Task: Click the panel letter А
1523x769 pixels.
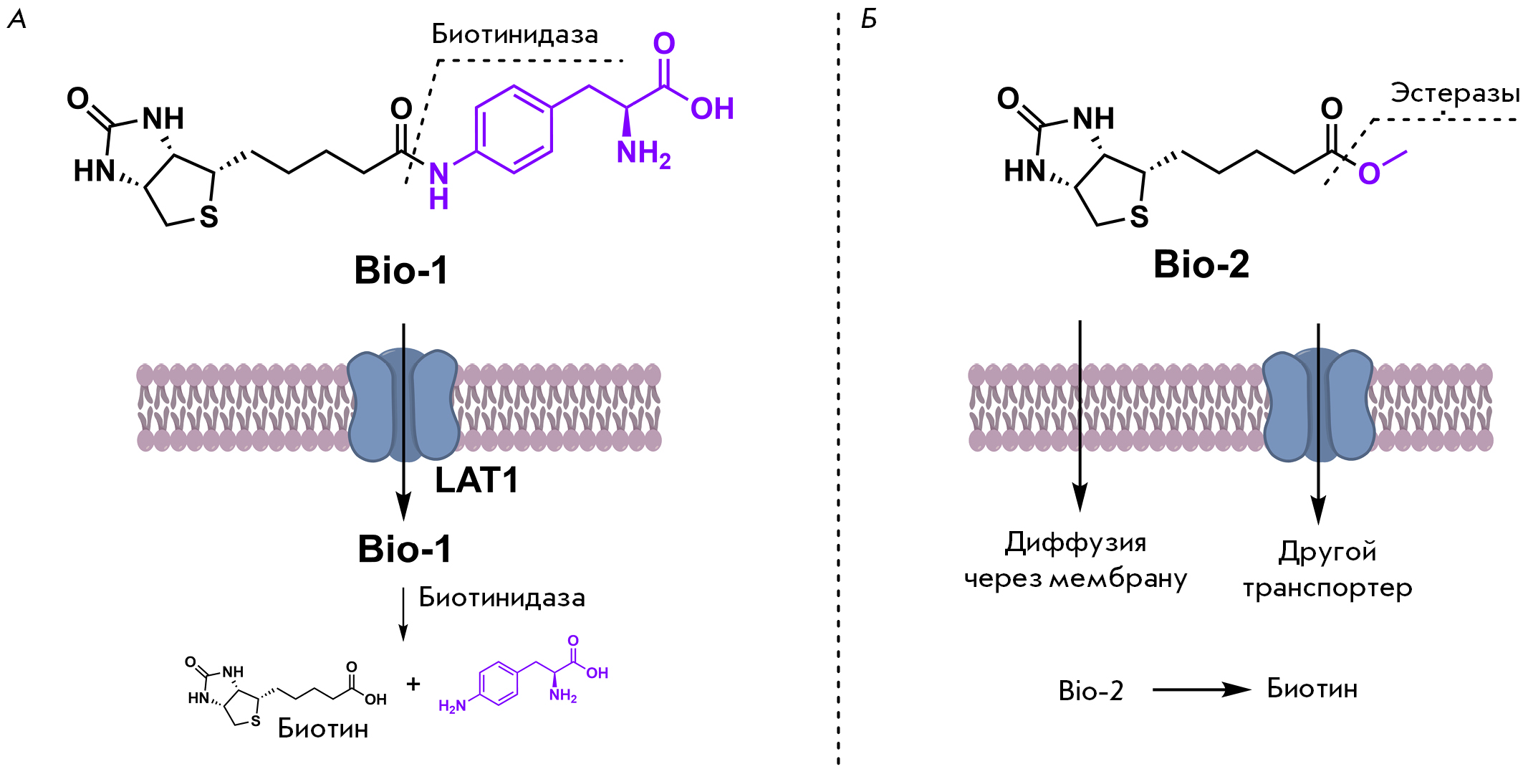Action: pyautogui.click(x=16, y=19)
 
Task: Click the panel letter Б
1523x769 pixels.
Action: pyautogui.click(x=869, y=19)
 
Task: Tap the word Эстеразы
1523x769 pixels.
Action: pyautogui.click(x=1454, y=93)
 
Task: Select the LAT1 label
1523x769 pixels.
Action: pyautogui.click(x=476, y=480)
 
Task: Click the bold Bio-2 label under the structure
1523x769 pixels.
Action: pyautogui.click(x=1201, y=264)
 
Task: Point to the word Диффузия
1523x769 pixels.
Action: pyautogui.click(x=1075, y=543)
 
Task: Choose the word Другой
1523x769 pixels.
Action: pyautogui.click(x=1327, y=552)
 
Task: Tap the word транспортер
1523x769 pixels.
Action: pyautogui.click(x=1327, y=588)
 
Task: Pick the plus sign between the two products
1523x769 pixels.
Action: pyautogui.click(x=413, y=684)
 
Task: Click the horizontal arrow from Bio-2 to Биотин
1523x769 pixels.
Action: pyautogui.click(x=1201, y=689)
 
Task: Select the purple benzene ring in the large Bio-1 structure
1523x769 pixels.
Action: pyautogui.click(x=514, y=130)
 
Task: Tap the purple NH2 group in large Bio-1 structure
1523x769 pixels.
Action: pyautogui.click(x=643, y=153)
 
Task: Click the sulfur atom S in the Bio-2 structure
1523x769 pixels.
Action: pyautogui.click(x=1139, y=216)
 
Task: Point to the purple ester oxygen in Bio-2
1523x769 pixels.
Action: pyautogui.click(x=1368, y=173)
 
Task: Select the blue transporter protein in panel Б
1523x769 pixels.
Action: pyautogui.click(x=1318, y=405)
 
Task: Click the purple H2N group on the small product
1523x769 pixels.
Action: pyautogui.click(x=452, y=706)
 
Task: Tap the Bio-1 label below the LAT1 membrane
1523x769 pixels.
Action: pyautogui.click(x=405, y=550)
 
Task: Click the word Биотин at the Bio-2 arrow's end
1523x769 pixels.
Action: pyautogui.click(x=1312, y=689)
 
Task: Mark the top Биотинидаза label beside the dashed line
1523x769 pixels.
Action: pyautogui.click(x=514, y=34)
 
